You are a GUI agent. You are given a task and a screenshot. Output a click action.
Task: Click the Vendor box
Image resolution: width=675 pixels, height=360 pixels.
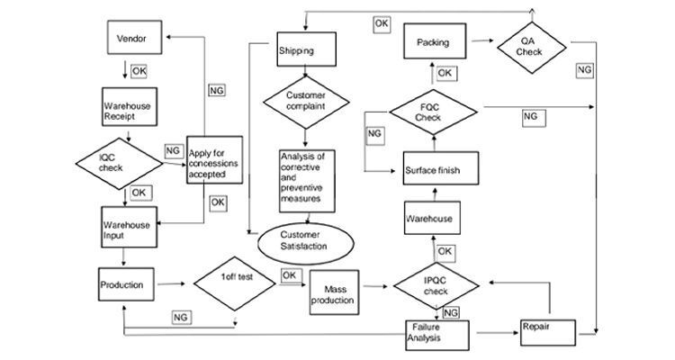tap(134, 38)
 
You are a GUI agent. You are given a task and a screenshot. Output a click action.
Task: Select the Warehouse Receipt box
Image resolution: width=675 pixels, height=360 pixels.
tap(129, 107)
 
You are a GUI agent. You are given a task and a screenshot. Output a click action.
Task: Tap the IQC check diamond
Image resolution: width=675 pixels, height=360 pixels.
tap(119, 164)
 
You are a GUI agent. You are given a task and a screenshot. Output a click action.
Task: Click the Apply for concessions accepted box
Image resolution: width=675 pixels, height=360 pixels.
tap(214, 160)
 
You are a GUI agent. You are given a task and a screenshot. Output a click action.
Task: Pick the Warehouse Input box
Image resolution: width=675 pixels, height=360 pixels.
tap(129, 227)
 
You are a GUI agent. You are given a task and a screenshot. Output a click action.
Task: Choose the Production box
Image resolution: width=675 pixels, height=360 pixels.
tap(126, 284)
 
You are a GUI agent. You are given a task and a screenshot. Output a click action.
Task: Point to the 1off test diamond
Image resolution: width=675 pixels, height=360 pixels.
tap(235, 283)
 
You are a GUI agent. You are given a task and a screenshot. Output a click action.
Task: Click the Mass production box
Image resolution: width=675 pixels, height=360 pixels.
tap(334, 292)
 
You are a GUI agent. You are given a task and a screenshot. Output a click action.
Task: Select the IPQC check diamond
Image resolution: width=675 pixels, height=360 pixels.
tap(436, 286)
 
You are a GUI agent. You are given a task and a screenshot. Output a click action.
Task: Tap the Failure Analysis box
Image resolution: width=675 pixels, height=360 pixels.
tap(437, 335)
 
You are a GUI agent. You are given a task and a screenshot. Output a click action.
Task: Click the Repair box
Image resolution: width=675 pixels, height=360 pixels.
tap(548, 332)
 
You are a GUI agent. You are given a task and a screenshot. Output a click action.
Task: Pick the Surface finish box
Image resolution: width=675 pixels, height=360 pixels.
tap(441, 168)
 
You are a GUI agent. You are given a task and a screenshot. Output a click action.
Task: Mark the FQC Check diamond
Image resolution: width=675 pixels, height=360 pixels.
tap(434, 112)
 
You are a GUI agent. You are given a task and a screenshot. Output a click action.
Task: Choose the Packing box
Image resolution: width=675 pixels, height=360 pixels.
tap(435, 41)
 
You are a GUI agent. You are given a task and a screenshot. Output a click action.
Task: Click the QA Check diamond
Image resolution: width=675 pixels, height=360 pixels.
tap(532, 48)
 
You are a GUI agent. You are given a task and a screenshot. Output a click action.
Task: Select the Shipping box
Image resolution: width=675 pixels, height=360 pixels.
tap(306, 49)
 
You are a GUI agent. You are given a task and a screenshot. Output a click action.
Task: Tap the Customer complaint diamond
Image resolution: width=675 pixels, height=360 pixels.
tap(306, 103)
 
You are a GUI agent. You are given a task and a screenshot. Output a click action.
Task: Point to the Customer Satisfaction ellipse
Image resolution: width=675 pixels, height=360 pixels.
tap(306, 243)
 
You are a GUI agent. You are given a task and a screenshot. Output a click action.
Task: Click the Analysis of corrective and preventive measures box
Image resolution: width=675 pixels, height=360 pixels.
tap(307, 181)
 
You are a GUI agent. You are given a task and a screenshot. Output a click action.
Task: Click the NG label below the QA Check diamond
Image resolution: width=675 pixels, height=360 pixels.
tap(585, 70)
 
